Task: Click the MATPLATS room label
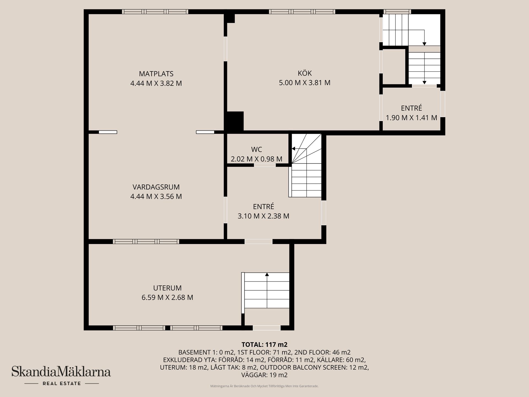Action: point(156,74)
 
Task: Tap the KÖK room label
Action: point(305,73)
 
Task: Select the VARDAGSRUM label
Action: point(156,187)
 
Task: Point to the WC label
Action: point(257,149)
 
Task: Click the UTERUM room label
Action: point(167,288)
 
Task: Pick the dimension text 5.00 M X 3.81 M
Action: point(305,83)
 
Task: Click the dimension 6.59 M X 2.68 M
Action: point(167,297)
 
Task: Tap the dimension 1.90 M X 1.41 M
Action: point(411,118)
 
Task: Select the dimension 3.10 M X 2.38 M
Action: point(263,216)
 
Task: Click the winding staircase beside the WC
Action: point(306,165)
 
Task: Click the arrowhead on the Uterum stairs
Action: point(267,274)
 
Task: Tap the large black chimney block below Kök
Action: point(234,121)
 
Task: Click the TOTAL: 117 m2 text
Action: point(264,345)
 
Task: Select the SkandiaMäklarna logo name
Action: point(61,371)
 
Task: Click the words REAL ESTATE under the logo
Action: point(62,383)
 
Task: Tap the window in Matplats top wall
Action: point(155,12)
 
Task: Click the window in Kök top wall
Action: point(302,12)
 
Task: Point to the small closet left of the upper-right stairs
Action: point(394,66)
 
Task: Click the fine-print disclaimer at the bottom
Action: point(264,386)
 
